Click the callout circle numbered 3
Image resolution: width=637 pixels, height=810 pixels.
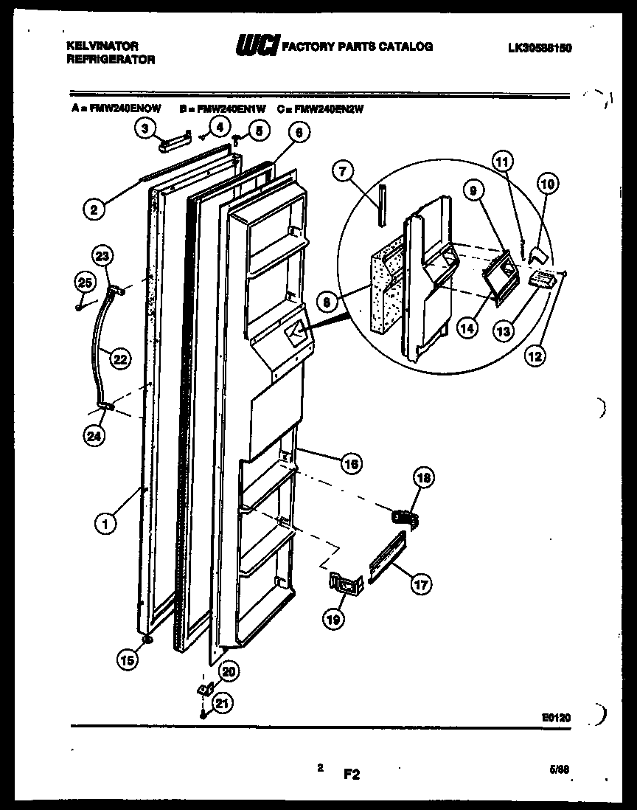tap(145, 128)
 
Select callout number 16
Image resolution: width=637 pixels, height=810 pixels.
tap(351, 463)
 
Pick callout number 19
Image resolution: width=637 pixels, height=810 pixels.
tap(333, 620)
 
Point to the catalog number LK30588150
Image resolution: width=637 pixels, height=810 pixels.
tap(540, 48)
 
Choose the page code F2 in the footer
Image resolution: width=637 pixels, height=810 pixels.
tap(351, 774)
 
